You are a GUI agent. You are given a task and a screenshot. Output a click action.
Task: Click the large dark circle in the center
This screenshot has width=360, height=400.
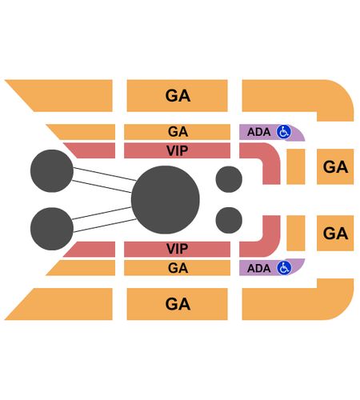166,200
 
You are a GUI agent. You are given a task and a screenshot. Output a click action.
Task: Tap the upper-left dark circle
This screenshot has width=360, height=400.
52,170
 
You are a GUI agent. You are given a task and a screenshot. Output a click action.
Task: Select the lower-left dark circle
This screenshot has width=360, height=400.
52,229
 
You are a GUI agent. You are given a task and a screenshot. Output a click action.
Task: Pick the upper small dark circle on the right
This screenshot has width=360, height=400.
229,179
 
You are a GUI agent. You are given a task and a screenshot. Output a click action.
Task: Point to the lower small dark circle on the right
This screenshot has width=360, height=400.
229,220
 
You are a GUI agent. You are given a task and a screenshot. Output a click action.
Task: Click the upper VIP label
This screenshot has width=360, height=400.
178,150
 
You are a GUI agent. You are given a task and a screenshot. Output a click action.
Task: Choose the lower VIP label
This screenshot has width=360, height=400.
178,249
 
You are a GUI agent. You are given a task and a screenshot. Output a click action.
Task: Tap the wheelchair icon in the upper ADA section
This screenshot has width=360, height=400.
284,132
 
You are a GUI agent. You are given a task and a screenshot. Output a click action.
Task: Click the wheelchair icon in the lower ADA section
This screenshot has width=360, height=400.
284,268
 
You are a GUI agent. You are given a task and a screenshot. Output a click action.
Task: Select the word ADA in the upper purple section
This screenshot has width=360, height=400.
258,132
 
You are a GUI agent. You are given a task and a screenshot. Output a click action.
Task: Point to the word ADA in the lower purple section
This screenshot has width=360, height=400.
258,268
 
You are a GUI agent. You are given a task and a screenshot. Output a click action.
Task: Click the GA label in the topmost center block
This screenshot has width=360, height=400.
178,96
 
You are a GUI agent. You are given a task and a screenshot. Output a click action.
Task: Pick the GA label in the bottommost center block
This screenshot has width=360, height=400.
178,304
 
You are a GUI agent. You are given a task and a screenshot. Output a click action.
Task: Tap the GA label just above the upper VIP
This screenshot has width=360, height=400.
178,132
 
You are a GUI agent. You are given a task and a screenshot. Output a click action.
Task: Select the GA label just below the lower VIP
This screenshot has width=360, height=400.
178,268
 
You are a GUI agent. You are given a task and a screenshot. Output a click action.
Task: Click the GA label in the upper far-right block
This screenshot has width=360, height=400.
335,167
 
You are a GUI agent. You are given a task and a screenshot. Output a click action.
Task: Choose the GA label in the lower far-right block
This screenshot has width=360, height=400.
335,234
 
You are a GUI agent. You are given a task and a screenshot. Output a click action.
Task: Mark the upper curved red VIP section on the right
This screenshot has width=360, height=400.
271,160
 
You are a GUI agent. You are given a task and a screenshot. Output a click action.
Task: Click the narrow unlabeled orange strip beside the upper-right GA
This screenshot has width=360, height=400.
296,166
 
